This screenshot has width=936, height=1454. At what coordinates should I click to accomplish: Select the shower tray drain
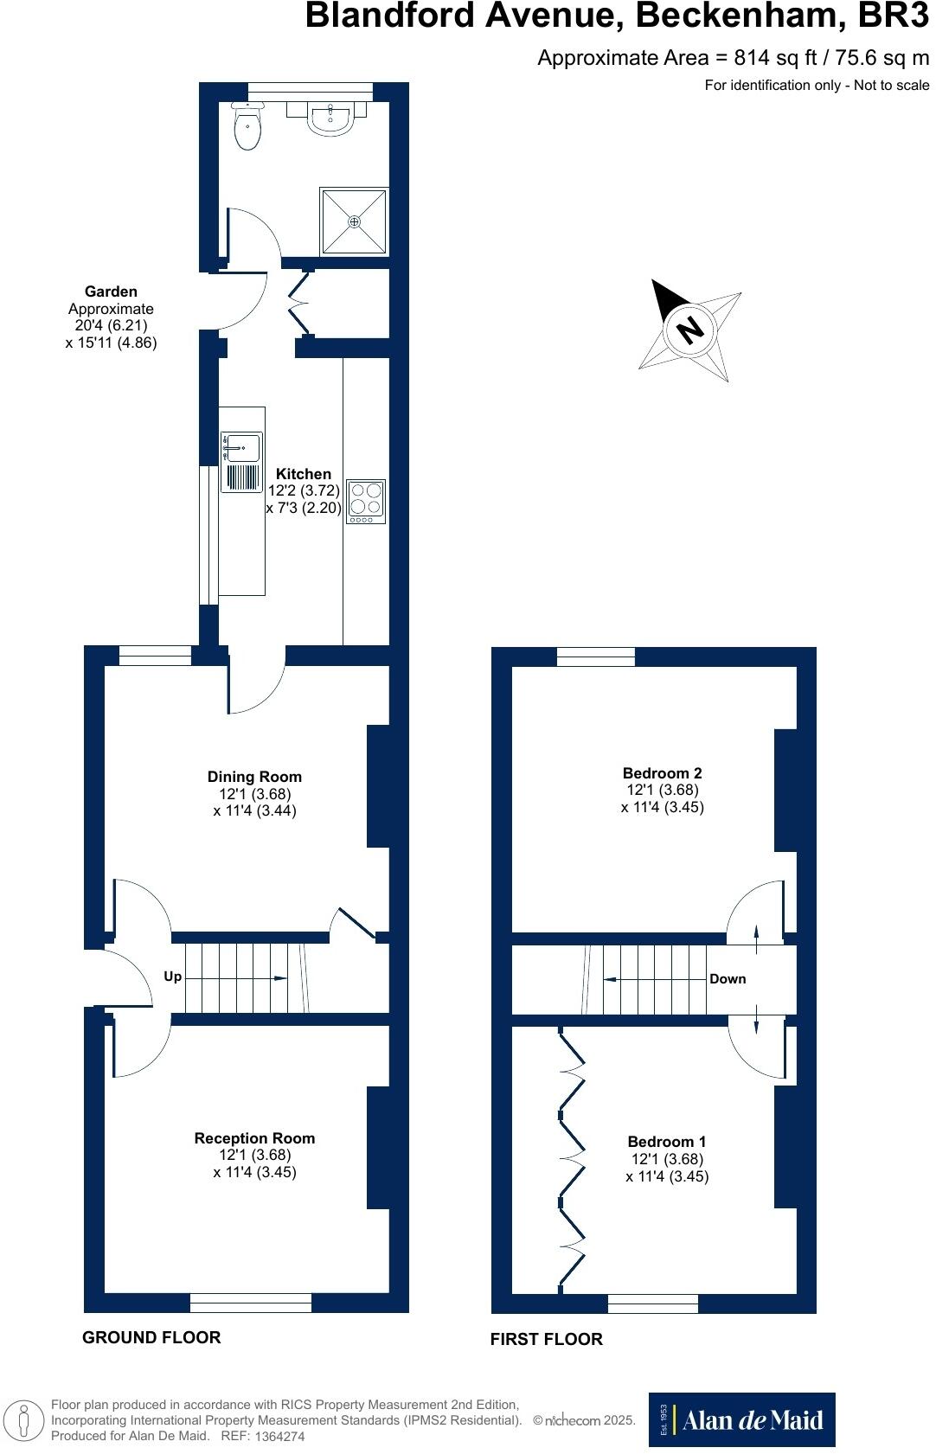(x=354, y=222)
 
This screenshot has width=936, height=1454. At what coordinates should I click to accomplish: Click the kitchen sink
(x=241, y=449)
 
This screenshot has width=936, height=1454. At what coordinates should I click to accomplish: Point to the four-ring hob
(x=365, y=499)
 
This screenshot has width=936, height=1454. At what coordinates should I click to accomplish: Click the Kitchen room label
(x=303, y=474)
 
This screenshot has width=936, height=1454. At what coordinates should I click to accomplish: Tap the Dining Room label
(x=254, y=777)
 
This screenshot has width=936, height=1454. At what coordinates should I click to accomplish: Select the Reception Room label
(x=254, y=1138)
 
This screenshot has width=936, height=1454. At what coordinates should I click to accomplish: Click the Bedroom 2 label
(x=662, y=773)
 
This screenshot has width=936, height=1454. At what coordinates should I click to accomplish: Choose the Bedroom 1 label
(x=667, y=1142)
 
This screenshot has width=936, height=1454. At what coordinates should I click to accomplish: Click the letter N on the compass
(x=689, y=330)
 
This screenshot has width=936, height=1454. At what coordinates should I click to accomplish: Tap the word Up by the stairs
(x=173, y=977)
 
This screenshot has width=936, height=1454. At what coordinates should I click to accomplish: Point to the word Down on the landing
(x=728, y=979)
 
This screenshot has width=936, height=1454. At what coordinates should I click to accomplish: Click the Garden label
(x=111, y=292)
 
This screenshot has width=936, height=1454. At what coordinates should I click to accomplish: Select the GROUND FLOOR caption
(x=151, y=1337)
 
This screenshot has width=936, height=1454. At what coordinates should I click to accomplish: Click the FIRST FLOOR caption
(x=546, y=1339)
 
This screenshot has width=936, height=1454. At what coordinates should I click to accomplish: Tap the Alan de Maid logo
(x=742, y=1419)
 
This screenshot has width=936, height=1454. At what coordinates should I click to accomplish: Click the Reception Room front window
(x=251, y=1302)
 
